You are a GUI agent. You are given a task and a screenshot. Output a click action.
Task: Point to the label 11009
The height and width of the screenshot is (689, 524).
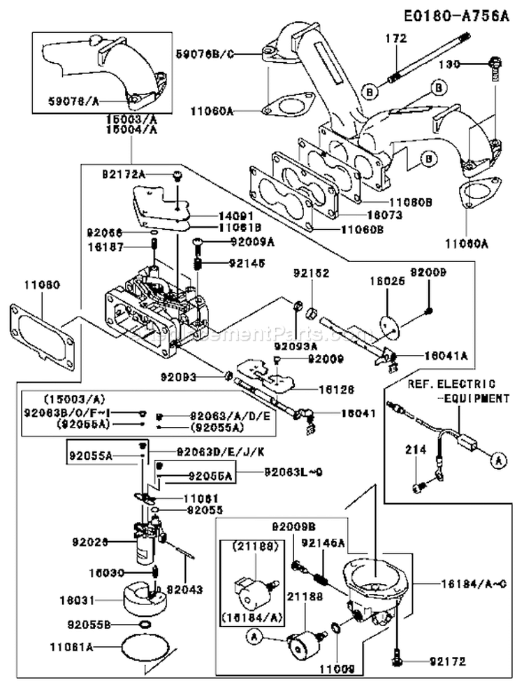[337, 668]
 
